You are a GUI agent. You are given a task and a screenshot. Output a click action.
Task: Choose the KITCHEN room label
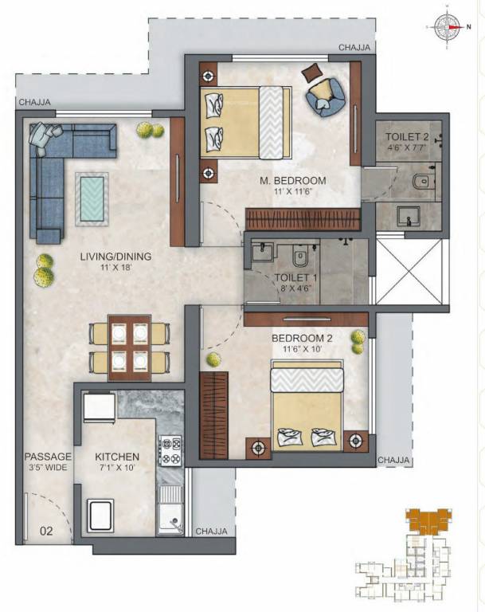pyautogui.click(x=117, y=462)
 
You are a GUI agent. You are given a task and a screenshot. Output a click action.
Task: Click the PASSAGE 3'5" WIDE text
pyautogui.click(x=48, y=462)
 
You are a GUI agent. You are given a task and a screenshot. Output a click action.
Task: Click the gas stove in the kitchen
pyautogui.click(x=170, y=451)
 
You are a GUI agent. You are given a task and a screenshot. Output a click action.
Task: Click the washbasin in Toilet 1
pyautogui.click(x=262, y=254)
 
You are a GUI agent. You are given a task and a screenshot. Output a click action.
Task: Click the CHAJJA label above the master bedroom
pyautogui.click(x=354, y=48)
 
